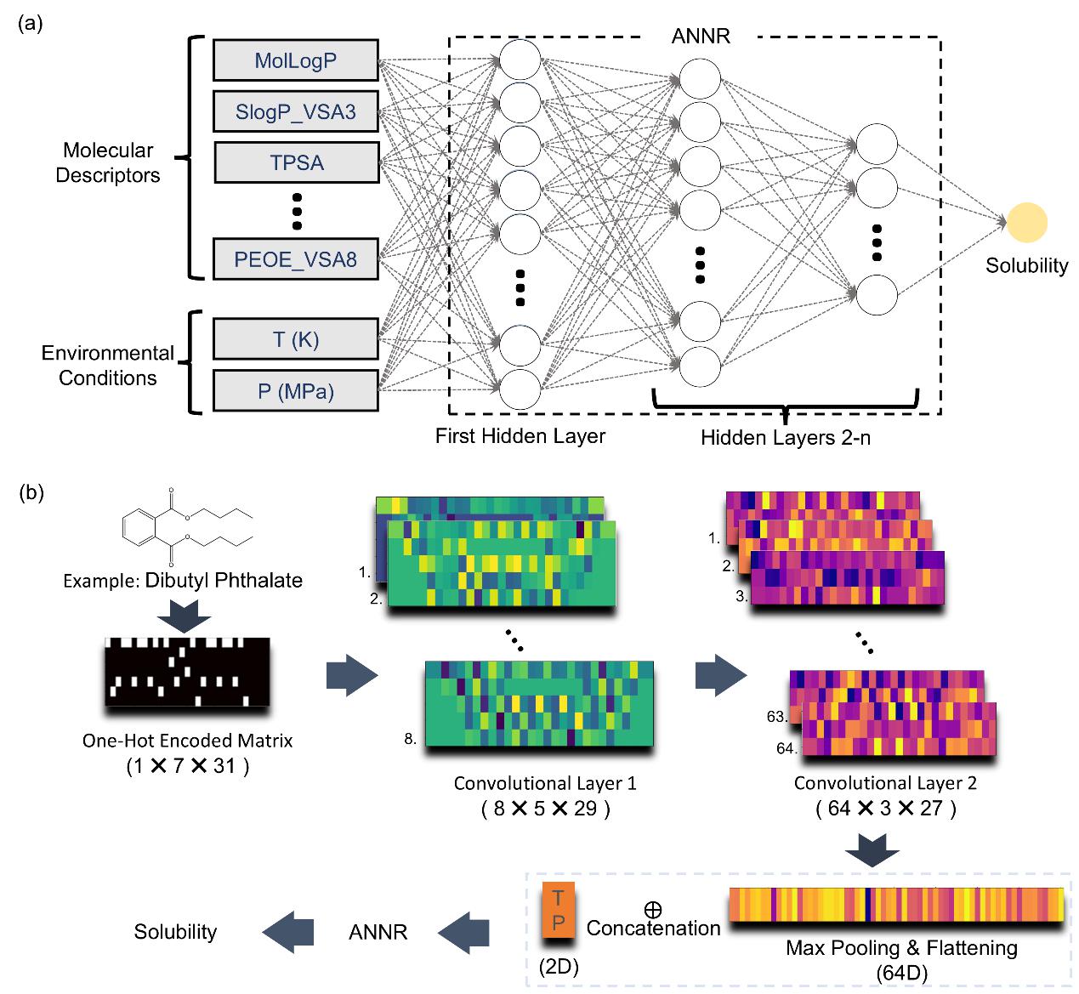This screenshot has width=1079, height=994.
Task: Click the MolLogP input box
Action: point(295,61)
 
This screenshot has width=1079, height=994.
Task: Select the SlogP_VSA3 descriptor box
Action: point(295,111)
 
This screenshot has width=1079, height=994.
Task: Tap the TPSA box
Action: point(296,162)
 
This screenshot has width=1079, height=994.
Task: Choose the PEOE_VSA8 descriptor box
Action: point(295,259)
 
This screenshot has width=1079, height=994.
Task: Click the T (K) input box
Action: point(295,340)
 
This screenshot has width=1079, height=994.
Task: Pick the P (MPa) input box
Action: point(295,391)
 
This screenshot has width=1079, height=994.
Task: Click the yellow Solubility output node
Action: point(1027,223)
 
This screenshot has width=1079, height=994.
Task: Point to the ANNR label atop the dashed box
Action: point(701,36)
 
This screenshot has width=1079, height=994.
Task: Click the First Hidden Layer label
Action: point(520,436)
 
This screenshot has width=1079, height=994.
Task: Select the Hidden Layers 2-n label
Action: point(785,438)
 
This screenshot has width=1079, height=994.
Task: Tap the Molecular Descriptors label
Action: point(108,162)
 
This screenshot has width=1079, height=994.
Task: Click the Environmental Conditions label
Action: point(108,365)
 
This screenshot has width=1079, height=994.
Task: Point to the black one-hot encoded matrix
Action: point(187,672)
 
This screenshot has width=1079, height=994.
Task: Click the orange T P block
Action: point(558,910)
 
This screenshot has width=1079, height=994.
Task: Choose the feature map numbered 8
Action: point(540,705)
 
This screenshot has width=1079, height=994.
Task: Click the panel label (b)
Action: point(31,492)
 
